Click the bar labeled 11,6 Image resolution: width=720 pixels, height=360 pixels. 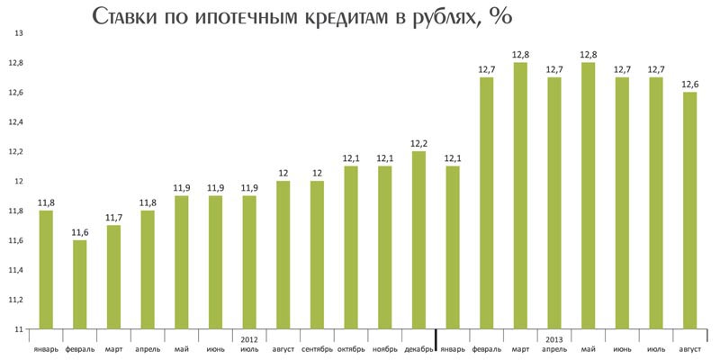tap(80, 284)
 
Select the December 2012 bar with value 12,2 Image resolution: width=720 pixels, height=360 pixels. tap(418, 240)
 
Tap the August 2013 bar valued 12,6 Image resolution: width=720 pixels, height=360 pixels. tap(690, 211)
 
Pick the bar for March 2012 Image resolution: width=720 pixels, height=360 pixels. tap(114, 277)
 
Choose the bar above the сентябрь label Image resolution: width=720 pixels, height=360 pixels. tap(317, 255)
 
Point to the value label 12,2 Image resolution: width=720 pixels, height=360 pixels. tap(418, 143)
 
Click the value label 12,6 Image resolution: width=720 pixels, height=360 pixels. tap(690, 84)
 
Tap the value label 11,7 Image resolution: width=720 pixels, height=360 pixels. tap(114, 217)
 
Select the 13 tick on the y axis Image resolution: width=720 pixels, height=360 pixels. tap(17, 33)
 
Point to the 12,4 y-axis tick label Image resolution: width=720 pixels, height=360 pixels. tap(17, 122)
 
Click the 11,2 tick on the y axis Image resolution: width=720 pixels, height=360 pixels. tap(17, 300)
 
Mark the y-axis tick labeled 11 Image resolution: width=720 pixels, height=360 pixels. tap(17, 329)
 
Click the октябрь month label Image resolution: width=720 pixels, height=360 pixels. tap(351, 348)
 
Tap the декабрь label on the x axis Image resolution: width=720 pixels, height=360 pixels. tap(418, 348)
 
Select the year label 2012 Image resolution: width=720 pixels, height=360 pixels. tap(250, 339)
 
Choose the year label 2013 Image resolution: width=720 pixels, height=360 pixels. tap(555, 339)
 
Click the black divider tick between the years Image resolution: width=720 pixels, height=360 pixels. tap(436, 337)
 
